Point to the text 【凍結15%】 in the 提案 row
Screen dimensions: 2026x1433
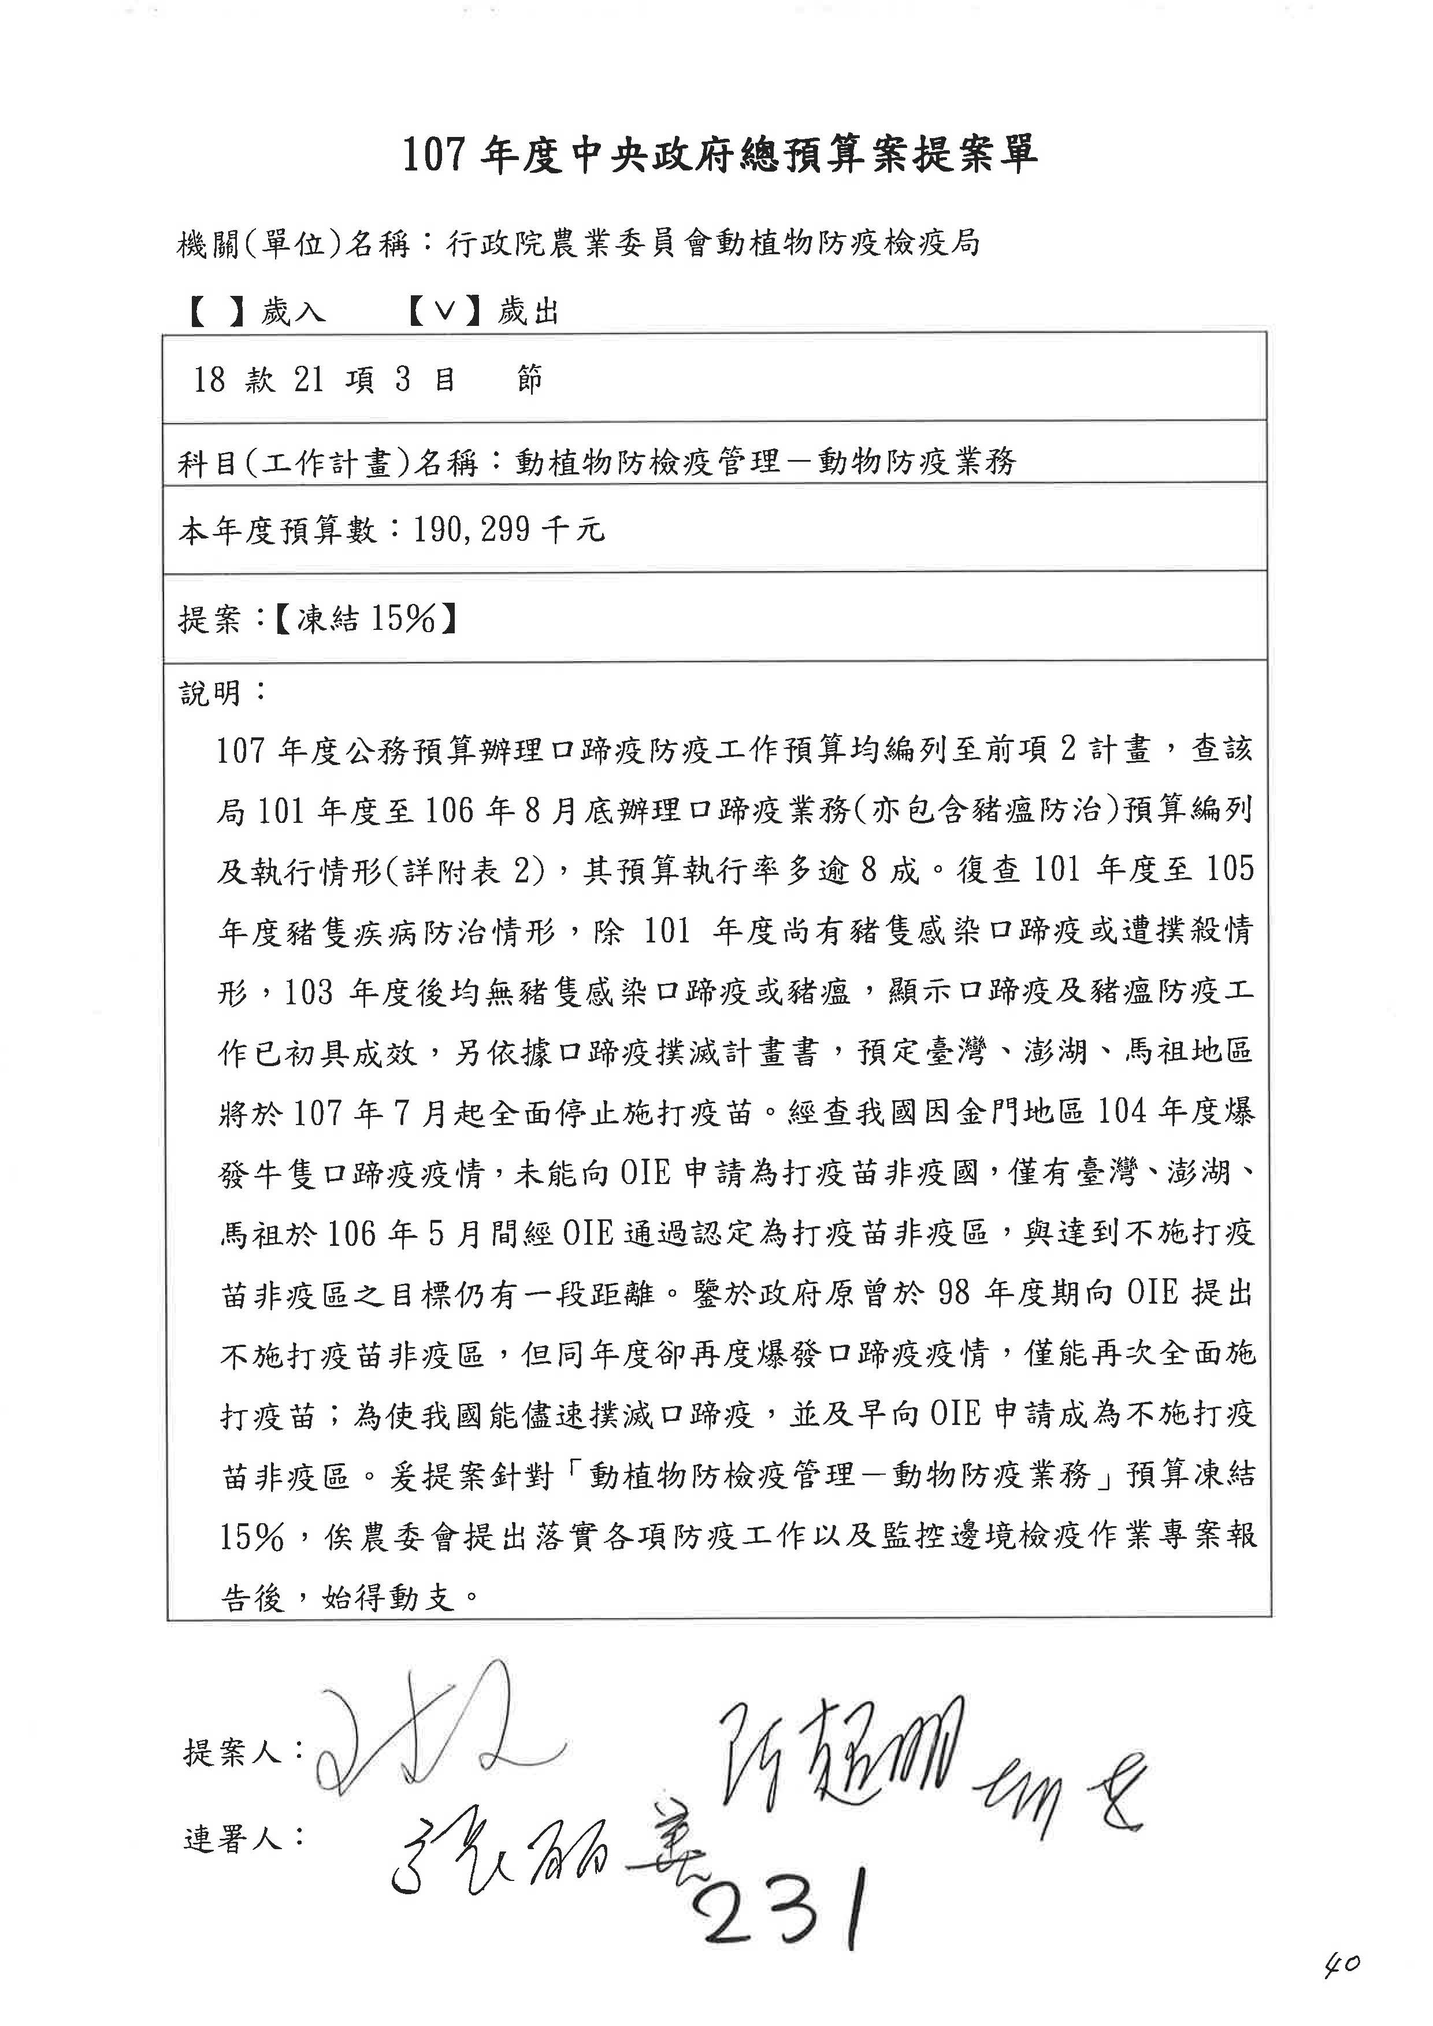click(365, 619)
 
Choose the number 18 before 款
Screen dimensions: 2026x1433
click(210, 380)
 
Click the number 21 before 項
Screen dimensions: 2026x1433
click(309, 380)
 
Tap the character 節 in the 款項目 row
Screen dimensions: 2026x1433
click(529, 380)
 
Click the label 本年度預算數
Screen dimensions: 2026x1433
click(278, 530)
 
